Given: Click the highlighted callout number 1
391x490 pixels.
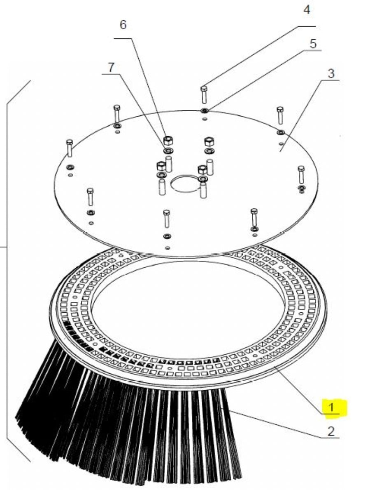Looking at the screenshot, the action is [x=331, y=407].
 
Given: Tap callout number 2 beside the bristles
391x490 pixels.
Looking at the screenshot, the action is [x=331, y=431].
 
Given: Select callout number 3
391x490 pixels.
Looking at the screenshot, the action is [x=331, y=73].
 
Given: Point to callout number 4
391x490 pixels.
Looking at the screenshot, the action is [x=307, y=9].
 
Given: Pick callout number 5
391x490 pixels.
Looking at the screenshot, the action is [x=313, y=44].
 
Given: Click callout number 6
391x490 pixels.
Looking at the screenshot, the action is [x=123, y=24].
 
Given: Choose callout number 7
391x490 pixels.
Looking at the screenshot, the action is [x=111, y=67].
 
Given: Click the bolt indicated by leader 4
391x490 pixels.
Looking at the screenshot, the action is [x=204, y=95].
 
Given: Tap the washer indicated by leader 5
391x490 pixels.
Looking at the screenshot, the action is [x=205, y=110].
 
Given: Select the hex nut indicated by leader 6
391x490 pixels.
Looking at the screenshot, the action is [x=168, y=140].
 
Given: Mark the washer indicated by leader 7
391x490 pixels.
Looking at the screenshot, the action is [x=168, y=151].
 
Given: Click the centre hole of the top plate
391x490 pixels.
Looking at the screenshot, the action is [x=185, y=183].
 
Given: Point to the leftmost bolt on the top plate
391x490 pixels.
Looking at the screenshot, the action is [x=70, y=148].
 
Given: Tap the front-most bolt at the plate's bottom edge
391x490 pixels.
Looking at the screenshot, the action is [x=167, y=219].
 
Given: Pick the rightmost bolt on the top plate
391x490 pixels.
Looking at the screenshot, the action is [x=301, y=175].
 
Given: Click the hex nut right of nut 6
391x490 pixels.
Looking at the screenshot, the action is [x=209, y=142].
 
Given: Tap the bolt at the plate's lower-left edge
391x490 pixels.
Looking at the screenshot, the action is [x=90, y=197].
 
